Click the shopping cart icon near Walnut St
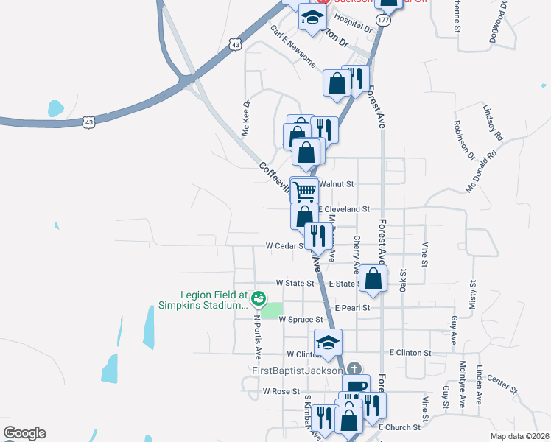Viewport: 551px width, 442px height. click(x=304, y=191)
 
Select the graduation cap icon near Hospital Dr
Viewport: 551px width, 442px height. click(x=312, y=18)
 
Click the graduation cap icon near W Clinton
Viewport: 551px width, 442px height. click(x=329, y=342)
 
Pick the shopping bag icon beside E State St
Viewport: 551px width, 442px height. click(x=373, y=278)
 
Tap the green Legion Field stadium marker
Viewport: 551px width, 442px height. click(x=258, y=298)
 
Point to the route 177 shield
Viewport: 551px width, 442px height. click(x=383, y=21)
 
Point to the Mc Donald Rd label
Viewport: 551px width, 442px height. click(x=482, y=173)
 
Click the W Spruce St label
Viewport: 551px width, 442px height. click(x=301, y=320)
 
